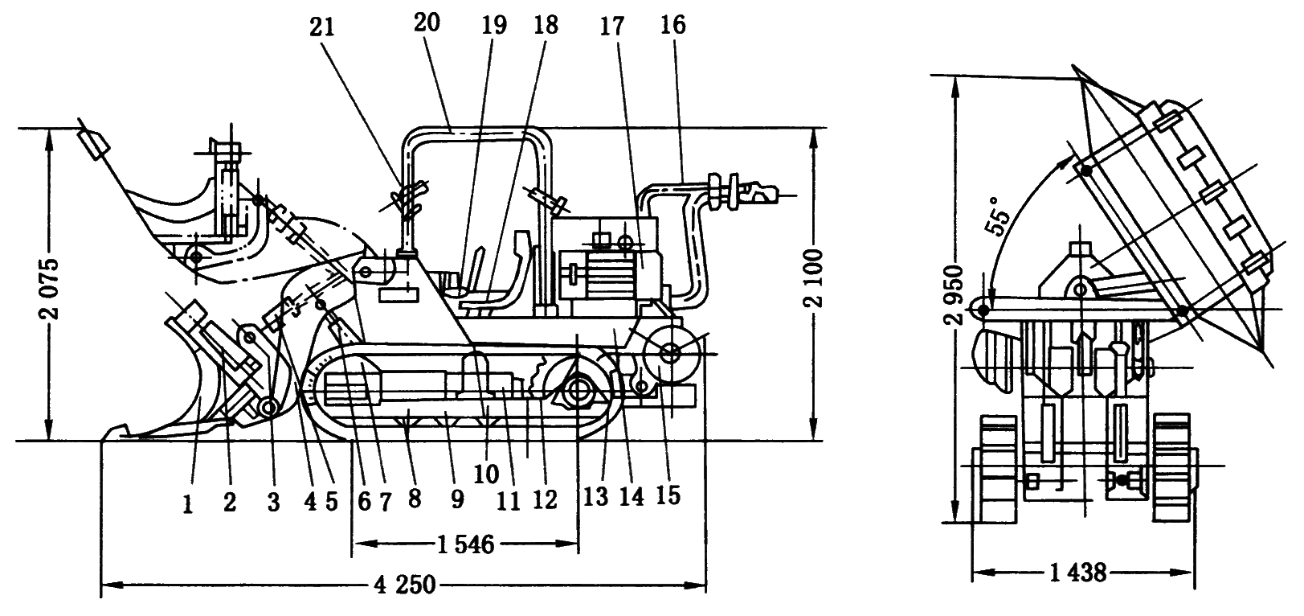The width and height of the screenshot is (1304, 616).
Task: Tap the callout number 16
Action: (x=673, y=26)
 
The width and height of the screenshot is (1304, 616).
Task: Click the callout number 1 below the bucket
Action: (x=187, y=503)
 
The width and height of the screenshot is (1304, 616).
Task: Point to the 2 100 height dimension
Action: (x=814, y=285)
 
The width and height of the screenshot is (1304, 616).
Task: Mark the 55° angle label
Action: (x=996, y=216)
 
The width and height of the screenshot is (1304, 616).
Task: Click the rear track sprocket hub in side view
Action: (x=576, y=392)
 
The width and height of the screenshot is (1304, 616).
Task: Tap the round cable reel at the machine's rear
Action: (x=668, y=351)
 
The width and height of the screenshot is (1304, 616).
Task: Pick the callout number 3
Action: (x=272, y=503)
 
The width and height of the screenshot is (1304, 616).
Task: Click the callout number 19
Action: (x=495, y=26)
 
